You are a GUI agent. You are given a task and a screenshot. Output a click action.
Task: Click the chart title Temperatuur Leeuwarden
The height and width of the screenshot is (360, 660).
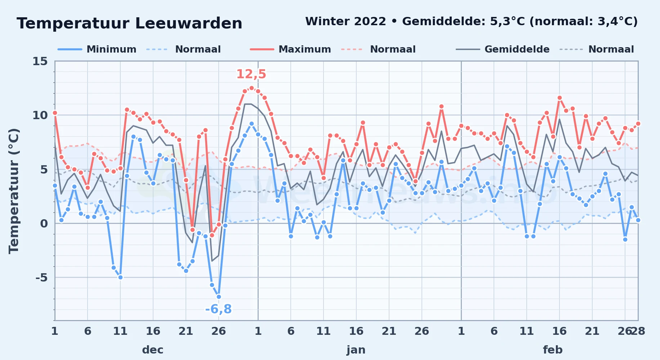[129, 23]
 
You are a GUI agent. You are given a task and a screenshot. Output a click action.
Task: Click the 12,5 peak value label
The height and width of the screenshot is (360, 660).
[251, 74]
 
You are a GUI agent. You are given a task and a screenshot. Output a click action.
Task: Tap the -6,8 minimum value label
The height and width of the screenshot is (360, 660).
[218, 309]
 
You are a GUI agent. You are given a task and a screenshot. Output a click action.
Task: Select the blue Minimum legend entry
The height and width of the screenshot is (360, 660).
[97, 49]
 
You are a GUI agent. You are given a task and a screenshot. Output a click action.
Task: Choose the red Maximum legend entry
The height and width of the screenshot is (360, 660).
[290, 49]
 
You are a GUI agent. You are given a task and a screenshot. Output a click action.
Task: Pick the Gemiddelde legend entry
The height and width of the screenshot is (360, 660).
[503, 49]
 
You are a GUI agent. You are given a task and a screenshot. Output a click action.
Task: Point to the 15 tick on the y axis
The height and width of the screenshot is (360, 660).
[40, 61]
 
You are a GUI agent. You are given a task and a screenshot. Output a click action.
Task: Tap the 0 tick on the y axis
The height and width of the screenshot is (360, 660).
[44, 224]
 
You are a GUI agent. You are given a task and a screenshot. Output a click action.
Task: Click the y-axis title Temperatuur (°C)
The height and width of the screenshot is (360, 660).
[14, 191]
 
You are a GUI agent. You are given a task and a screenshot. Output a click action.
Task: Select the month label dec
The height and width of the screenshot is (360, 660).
[153, 350]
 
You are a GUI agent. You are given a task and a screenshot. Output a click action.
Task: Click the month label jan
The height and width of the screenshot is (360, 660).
[356, 350]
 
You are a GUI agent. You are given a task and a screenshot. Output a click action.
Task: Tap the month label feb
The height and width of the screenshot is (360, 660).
[553, 350]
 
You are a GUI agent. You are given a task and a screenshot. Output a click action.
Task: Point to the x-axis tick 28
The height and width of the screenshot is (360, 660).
[638, 331]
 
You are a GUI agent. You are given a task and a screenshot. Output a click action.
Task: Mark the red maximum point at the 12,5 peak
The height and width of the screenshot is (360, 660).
[251, 88]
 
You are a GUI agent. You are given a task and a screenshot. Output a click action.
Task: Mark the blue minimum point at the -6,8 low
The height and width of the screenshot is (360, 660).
[219, 297]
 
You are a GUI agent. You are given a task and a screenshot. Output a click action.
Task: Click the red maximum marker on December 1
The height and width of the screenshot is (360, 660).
[55, 113]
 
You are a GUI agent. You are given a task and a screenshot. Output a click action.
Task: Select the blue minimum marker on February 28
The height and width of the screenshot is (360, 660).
[638, 220]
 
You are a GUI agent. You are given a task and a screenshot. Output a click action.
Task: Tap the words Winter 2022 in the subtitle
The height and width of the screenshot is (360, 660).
[345, 22]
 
